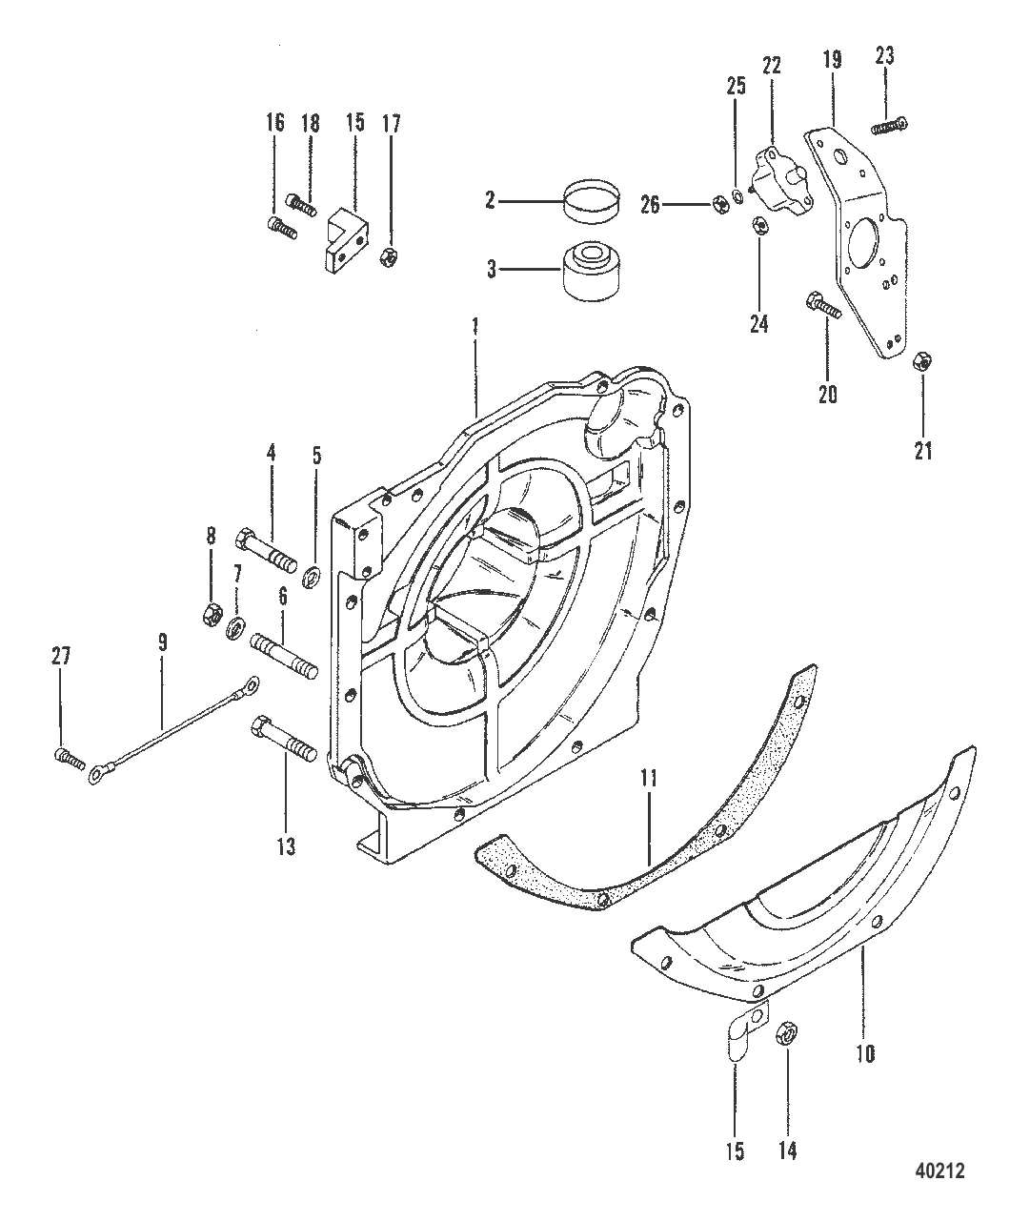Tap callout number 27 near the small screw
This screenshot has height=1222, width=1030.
(x=61, y=657)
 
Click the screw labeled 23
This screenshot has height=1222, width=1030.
(x=890, y=126)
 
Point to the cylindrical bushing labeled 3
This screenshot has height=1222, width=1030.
(x=593, y=271)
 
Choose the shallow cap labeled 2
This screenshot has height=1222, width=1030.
(x=593, y=202)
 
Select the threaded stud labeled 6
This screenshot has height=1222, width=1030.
(x=284, y=657)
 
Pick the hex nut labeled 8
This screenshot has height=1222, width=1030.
(x=211, y=613)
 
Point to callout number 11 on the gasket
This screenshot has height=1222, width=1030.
(x=650, y=779)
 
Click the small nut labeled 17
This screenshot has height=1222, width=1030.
(x=388, y=256)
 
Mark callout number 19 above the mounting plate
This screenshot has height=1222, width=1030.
(x=832, y=60)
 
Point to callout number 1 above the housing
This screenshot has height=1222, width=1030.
(x=475, y=326)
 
